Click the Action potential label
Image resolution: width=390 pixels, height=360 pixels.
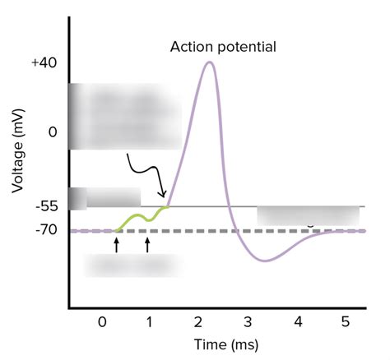(223, 46)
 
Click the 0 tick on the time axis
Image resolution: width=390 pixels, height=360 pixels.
(101, 321)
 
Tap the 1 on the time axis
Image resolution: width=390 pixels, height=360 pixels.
(149, 321)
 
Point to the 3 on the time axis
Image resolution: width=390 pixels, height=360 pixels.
(248, 321)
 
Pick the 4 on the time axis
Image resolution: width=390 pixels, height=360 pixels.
(297, 321)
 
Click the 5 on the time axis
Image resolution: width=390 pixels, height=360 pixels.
(346, 321)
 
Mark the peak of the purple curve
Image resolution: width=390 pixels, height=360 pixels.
(210, 62)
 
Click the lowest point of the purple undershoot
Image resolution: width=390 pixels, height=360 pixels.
(265, 261)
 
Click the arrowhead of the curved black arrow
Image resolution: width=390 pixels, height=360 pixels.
(164, 196)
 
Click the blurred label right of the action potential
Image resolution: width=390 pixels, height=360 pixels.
(309, 215)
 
